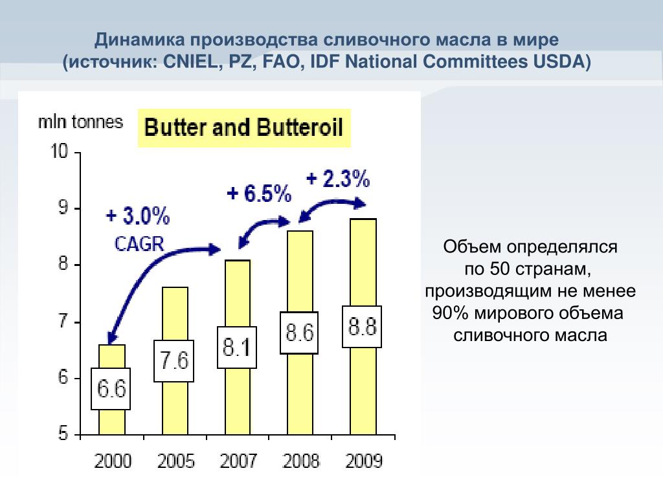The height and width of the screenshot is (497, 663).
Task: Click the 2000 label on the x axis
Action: tap(113, 461)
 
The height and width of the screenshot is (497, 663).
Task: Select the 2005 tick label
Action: tap(175, 461)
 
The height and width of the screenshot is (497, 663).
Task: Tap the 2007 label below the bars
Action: tap(238, 461)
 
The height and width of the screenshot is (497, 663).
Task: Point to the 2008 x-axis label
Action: tap(301, 461)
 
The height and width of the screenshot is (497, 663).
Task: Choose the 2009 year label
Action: tap(364, 461)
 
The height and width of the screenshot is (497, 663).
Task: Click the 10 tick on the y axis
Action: tap(59, 153)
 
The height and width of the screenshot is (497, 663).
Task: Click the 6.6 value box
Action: tap(111, 389)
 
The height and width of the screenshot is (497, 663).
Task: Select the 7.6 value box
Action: tap(174, 361)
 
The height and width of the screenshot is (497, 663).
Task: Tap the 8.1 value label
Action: tap(237, 348)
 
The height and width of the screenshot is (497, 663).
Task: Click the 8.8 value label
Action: tap(363, 327)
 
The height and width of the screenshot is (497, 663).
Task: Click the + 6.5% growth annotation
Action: tap(259, 193)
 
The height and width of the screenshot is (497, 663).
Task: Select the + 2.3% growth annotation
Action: tap(338, 178)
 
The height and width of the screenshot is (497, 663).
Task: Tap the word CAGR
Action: tap(139, 243)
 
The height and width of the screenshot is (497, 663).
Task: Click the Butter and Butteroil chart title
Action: tap(243, 127)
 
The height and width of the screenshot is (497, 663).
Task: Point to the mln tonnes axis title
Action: tap(80, 122)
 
